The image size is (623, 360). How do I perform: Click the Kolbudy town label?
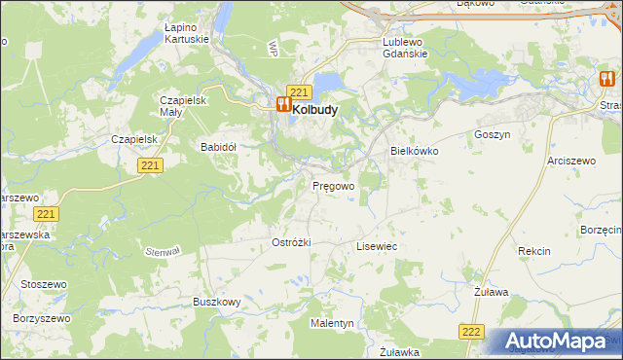coord(315,110)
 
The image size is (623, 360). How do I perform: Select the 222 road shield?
coord(471,332)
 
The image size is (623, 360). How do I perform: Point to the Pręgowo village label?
coord(333,185)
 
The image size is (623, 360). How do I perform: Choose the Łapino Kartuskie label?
coord(188,35)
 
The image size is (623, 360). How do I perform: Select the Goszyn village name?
coord(492,135)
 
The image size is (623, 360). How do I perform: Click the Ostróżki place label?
coord(290,242)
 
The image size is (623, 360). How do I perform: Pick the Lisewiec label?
coord(377,247)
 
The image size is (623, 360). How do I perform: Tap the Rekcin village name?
coord(533,251)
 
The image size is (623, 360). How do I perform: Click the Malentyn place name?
coord(333,322)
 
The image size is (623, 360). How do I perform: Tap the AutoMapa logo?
coord(557,342)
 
